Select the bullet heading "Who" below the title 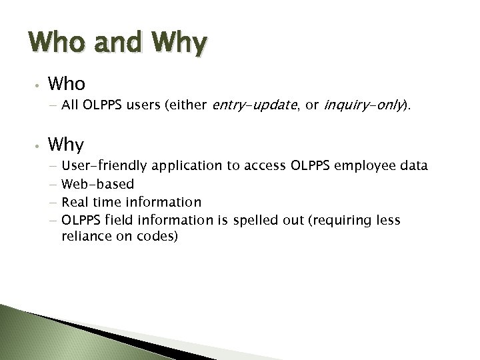pyautogui.click(x=66, y=84)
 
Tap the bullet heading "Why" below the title pyautogui.click(x=66, y=145)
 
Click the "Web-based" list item pyautogui.click(x=97, y=183)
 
